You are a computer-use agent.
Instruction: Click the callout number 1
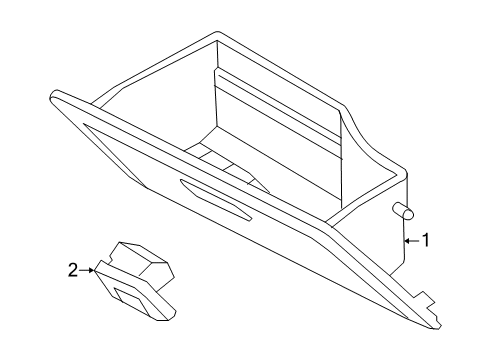coord(424,240)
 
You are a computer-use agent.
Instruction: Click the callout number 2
coord(72,268)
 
